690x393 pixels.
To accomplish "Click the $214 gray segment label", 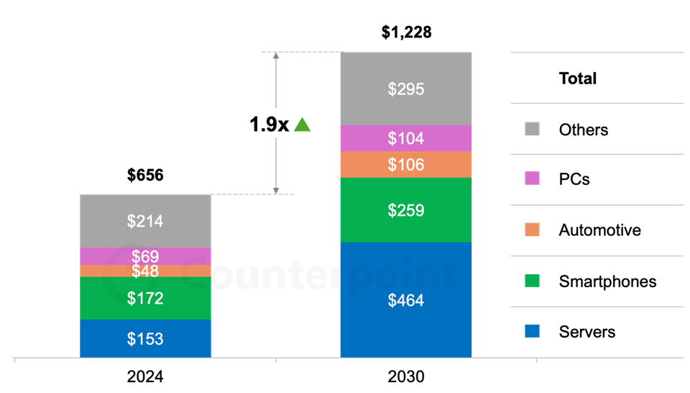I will click(x=145, y=222).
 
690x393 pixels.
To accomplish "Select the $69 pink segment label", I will click(x=145, y=256).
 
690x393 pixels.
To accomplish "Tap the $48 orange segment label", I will click(x=145, y=271).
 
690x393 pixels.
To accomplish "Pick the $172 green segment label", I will click(x=145, y=298).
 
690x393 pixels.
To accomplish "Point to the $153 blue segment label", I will click(x=145, y=339).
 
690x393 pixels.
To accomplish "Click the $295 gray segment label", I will click(x=406, y=89).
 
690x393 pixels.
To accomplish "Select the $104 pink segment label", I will click(x=406, y=138).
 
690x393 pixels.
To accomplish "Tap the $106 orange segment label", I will click(x=406, y=165).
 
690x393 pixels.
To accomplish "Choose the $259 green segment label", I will click(x=406, y=211).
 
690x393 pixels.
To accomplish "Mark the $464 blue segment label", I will click(x=406, y=301).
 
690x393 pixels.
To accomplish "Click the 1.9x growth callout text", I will click(x=269, y=125).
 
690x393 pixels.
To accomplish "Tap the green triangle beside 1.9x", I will click(x=303, y=125).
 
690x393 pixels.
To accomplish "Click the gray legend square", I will click(x=532, y=129).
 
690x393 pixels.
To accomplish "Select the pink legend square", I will click(x=532, y=179).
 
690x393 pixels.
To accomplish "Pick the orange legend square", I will click(x=532, y=230).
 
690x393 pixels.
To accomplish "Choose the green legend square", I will click(x=532, y=280).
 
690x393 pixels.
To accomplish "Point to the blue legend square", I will click(x=532, y=331).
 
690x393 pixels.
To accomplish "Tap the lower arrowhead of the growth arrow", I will click(x=276, y=190).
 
